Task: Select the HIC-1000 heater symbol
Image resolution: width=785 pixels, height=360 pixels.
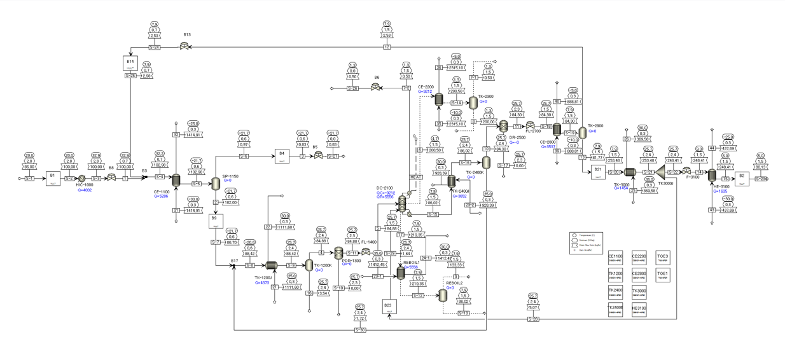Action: (81, 179)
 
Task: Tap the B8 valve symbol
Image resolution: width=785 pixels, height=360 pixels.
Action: (111, 179)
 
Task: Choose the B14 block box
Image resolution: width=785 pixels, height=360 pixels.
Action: (130, 63)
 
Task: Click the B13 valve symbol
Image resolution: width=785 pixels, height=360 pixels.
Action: (184, 46)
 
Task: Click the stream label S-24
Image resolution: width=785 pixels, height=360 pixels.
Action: (155, 47)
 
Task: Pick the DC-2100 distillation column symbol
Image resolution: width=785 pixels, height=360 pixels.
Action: (402, 204)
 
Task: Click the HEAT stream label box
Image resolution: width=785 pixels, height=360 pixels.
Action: (415, 177)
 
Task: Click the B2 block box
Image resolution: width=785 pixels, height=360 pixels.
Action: (742, 178)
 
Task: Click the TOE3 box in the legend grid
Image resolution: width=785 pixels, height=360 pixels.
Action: (662, 258)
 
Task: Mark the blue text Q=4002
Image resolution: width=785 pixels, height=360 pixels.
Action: (84, 190)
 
